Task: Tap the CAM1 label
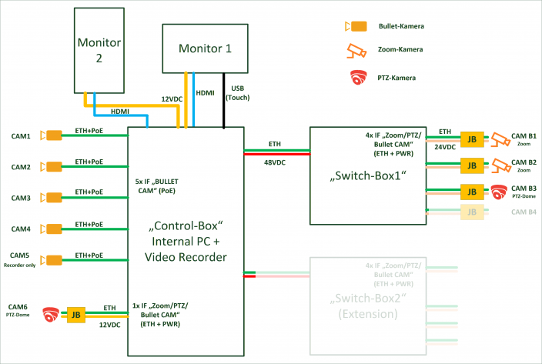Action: click(21, 136)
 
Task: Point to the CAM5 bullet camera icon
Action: click(53, 259)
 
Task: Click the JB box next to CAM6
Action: click(76, 314)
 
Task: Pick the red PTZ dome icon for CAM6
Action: click(52, 314)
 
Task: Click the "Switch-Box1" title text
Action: click(366, 175)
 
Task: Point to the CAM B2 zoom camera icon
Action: click(501, 165)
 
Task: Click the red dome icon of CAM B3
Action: click(500, 191)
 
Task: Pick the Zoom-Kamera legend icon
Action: click(356, 51)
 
